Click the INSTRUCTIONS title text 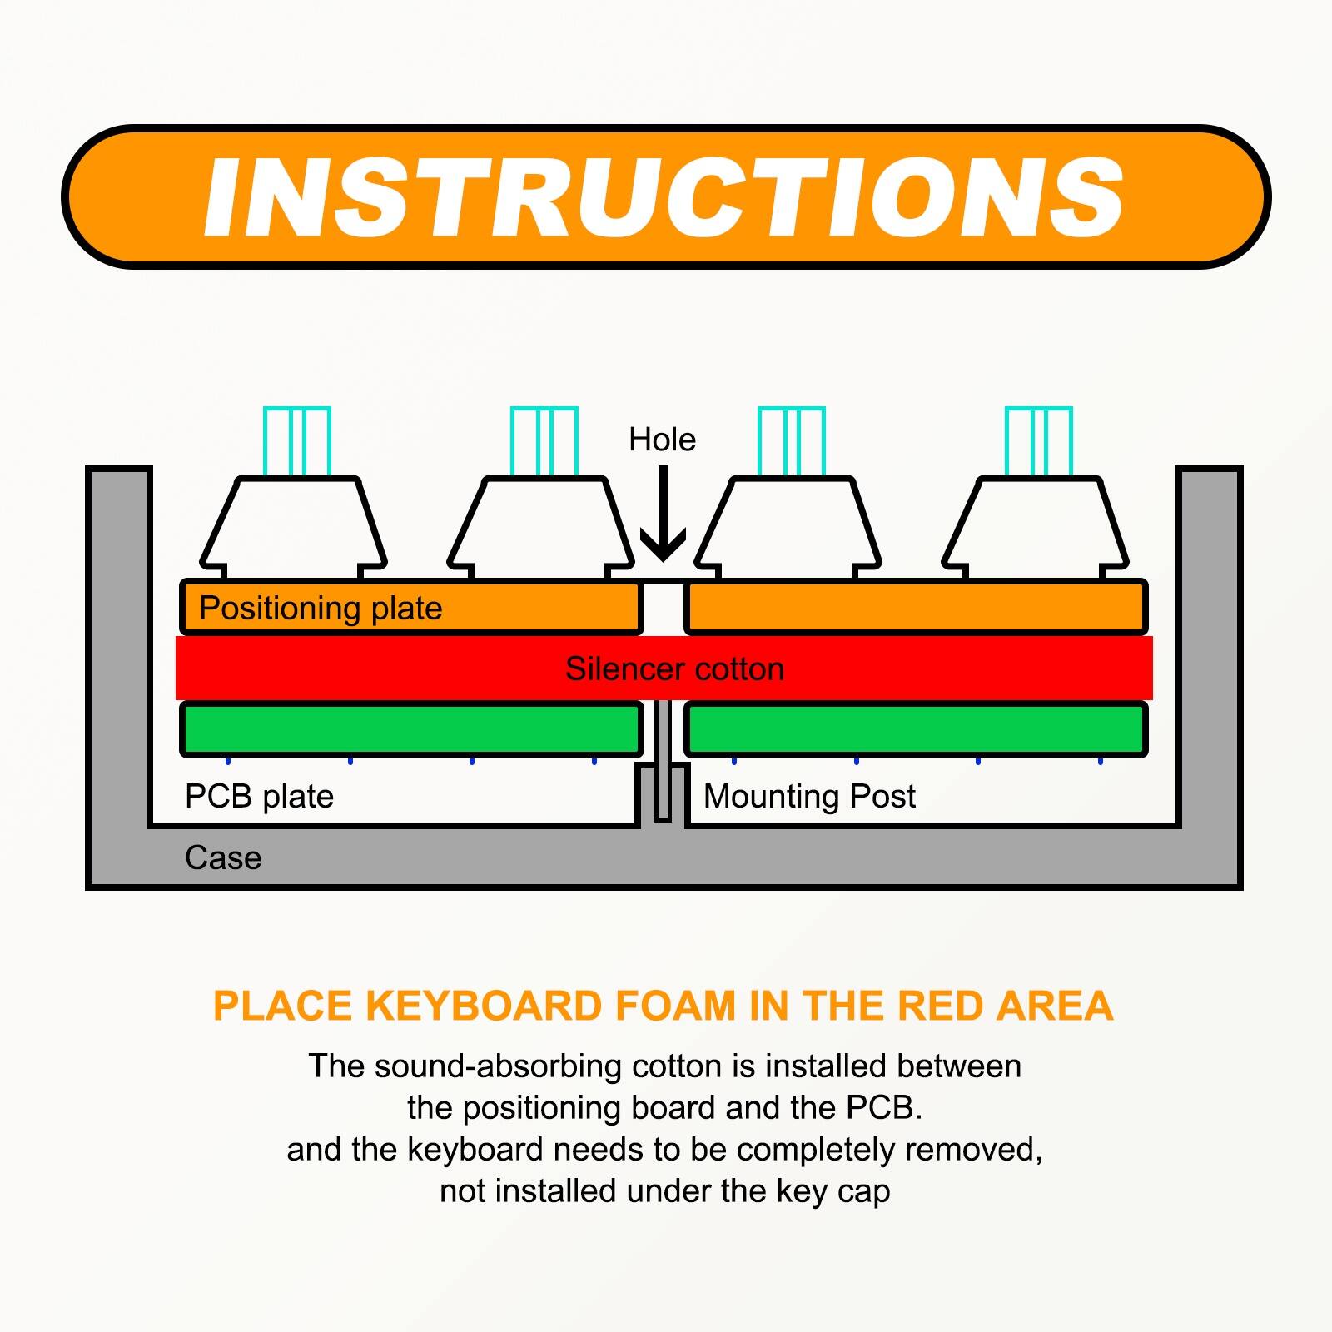664,198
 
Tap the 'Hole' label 662,440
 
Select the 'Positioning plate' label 321,609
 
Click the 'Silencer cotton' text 674,669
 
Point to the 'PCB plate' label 259,797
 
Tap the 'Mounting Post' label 809,797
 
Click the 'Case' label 223,858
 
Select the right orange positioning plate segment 916,608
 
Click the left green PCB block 412,729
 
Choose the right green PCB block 916,729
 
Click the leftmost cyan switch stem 297,441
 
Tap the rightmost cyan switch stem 1038,441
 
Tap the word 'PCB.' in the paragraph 884,1108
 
